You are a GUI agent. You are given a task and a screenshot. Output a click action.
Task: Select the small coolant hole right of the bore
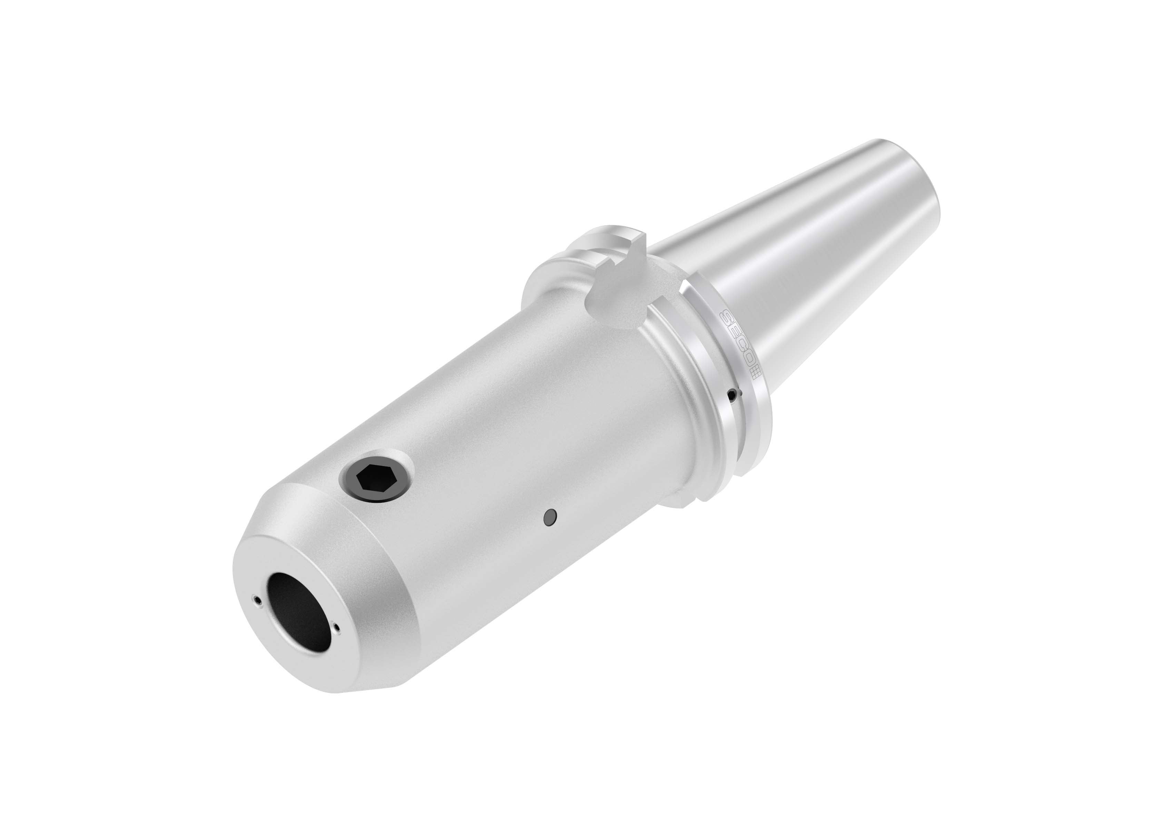click(x=336, y=627)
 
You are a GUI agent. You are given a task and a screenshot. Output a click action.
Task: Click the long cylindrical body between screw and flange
click(x=512, y=435)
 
